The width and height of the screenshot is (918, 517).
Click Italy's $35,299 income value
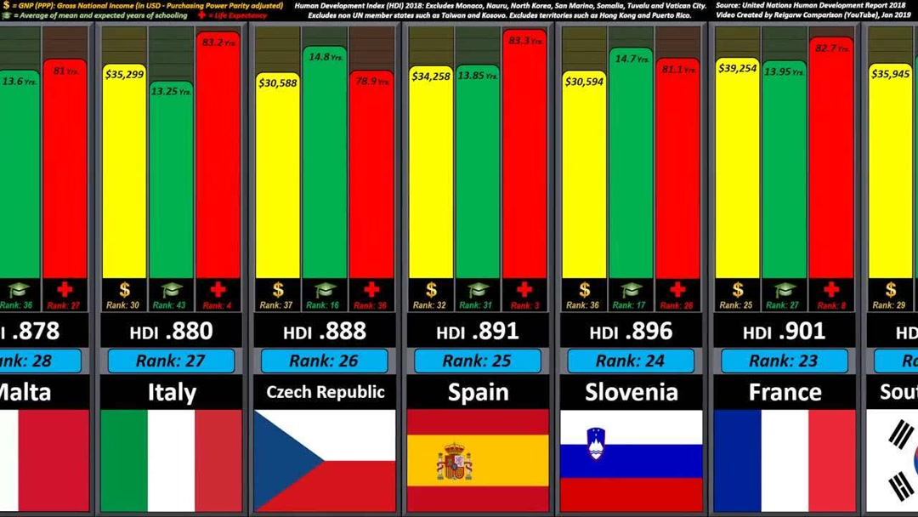[x=124, y=74]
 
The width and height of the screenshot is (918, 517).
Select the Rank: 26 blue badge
[x=324, y=361]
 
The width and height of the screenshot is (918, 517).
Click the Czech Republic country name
[x=325, y=392]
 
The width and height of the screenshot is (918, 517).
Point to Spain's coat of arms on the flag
[x=455, y=462]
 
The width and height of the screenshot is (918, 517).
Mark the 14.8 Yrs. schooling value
[x=326, y=58]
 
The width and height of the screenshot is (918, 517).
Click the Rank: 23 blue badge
[x=784, y=361]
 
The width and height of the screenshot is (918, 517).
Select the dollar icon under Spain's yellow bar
[x=432, y=290]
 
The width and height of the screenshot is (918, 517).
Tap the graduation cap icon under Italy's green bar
[x=172, y=290]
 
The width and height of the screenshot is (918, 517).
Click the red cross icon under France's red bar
[x=830, y=290]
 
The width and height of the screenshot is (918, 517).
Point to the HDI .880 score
[x=172, y=332]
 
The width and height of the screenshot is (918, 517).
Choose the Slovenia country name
[x=631, y=392]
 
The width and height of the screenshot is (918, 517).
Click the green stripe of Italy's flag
[x=124, y=461]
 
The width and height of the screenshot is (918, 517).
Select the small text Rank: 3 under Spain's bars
[x=524, y=304]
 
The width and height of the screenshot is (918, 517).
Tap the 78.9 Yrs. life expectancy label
[x=371, y=82]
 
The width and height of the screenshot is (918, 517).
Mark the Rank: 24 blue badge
[x=631, y=361]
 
